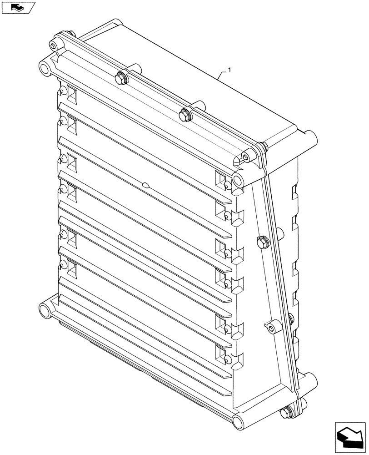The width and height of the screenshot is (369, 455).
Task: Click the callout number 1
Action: tap(230, 70)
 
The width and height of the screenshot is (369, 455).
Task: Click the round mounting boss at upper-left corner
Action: tap(45, 68)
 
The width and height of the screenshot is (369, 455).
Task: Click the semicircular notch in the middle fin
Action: tap(145, 185)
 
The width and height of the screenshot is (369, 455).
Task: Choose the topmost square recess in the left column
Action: tap(72, 94)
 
